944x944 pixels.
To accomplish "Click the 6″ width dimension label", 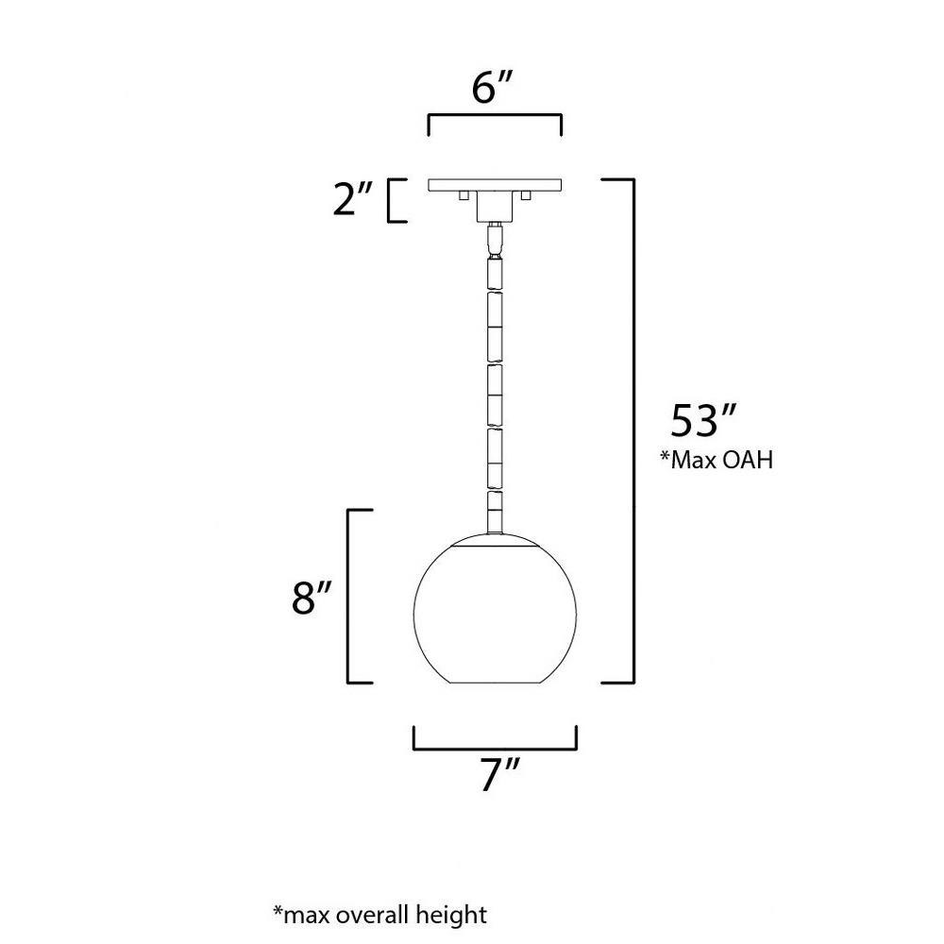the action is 492,88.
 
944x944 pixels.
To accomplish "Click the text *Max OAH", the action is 716,460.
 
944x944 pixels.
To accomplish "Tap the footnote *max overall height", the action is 379,914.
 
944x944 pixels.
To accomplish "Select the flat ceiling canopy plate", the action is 495,185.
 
